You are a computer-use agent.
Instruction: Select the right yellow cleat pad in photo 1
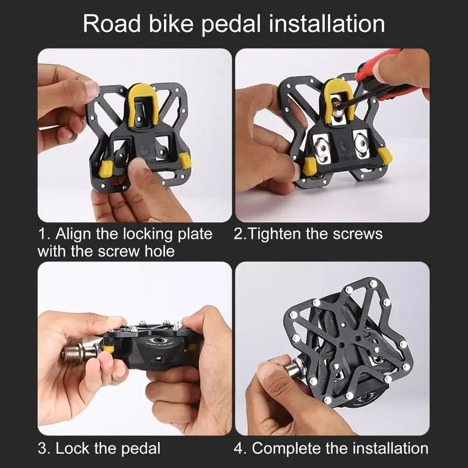185,161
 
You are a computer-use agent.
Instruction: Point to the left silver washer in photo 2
322,148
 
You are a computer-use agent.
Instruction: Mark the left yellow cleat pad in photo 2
309,166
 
